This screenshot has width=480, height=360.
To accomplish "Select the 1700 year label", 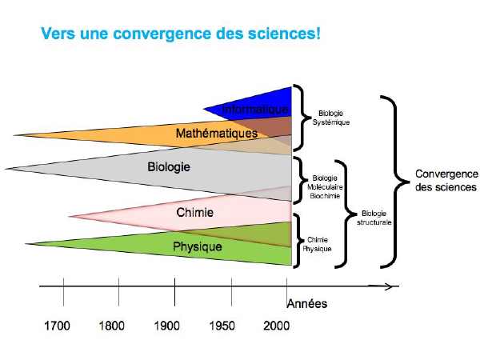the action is tap(58, 326).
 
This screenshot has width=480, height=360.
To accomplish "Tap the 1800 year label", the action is tap(112, 326).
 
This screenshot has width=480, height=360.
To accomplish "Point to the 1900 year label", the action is tap(167, 326).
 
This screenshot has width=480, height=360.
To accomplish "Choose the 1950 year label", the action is tap(222, 326).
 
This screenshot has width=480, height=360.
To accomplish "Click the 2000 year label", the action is tap(277, 326).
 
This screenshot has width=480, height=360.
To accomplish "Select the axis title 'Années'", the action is tap(307, 304).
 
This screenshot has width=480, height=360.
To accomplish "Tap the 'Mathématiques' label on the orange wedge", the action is tap(217, 133).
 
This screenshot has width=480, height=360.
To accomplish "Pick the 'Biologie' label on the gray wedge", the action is tap(169, 167).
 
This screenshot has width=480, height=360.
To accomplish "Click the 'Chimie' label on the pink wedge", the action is tap(194, 212).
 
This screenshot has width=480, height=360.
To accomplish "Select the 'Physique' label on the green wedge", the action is tap(198, 246).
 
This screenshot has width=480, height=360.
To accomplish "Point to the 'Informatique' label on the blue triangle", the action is tap(255, 110).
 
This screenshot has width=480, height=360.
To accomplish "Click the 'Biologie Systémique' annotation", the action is tap(331, 118).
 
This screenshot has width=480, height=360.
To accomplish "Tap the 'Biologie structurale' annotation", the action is tap(374, 218).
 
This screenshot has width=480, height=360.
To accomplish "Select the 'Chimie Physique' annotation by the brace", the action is tap(317, 244).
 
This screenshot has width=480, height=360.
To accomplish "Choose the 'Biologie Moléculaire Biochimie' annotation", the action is tap(325, 186).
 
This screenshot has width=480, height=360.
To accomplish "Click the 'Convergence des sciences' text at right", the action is tap(446, 180).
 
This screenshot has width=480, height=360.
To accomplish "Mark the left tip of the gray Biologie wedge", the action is tap(6, 168).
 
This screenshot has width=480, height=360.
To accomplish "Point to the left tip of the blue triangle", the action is tap(203, 109).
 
